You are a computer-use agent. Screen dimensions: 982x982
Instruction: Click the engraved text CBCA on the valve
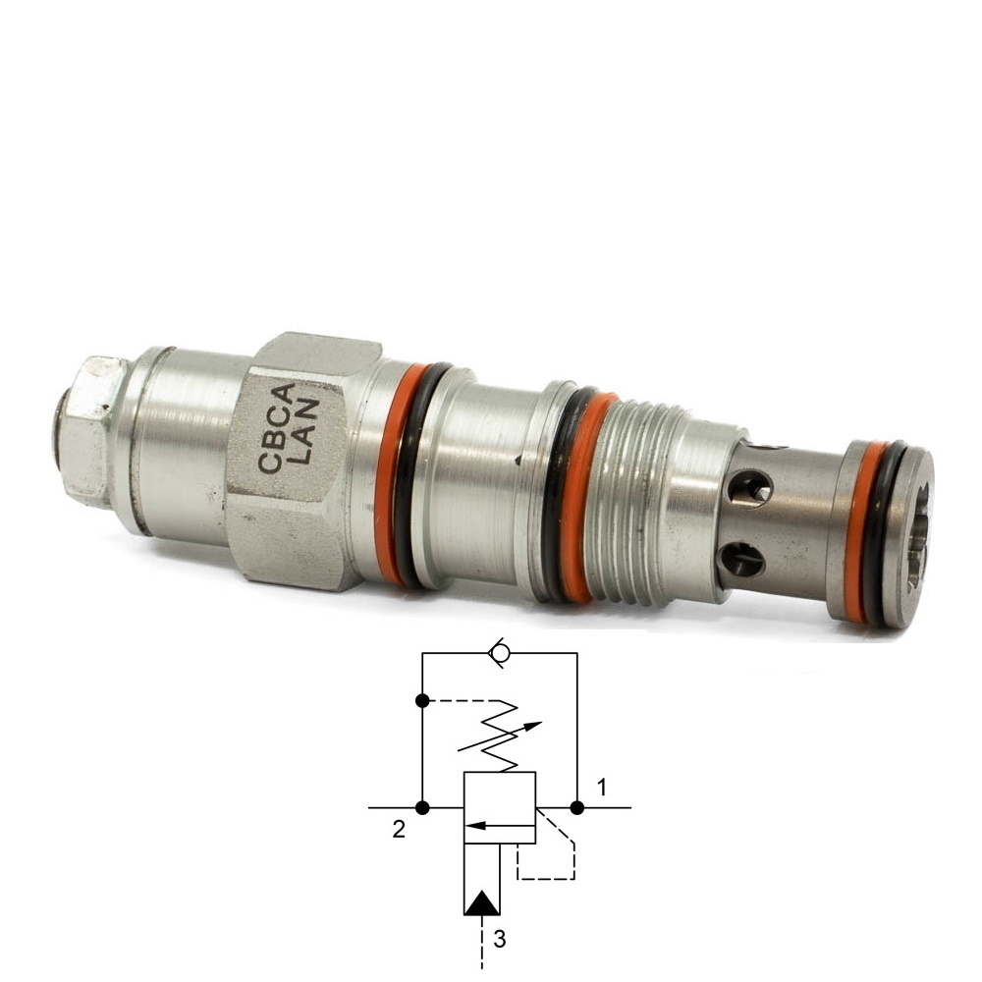click(x=276, y=429)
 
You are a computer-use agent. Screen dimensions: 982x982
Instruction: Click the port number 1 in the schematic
click(x=602, y=788)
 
